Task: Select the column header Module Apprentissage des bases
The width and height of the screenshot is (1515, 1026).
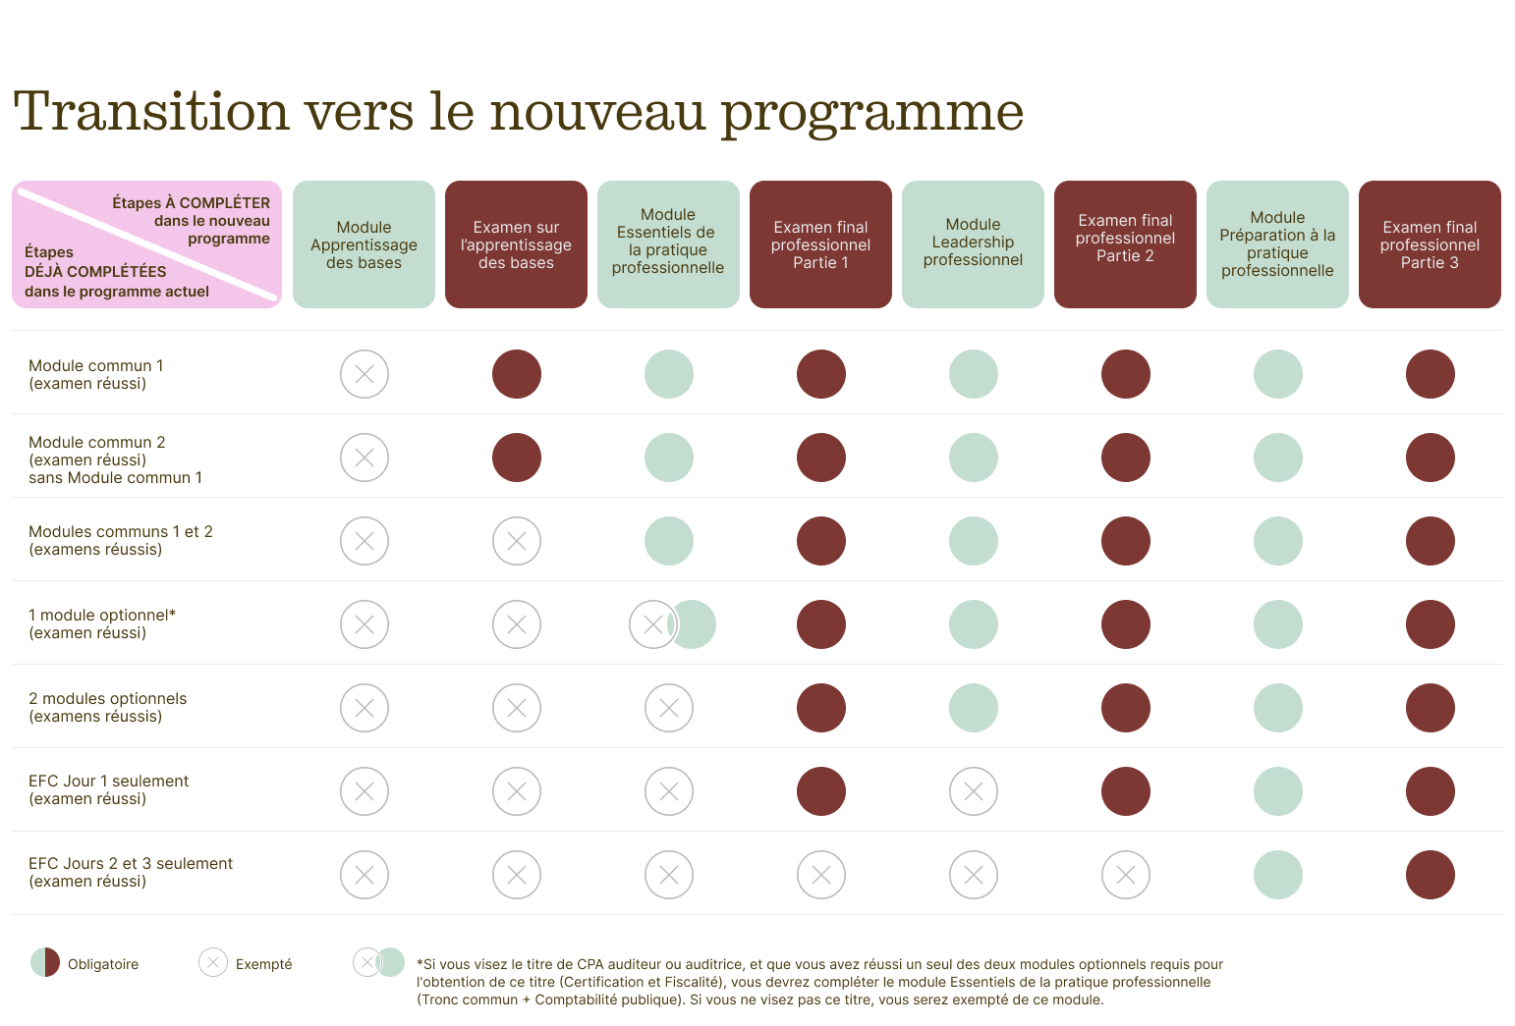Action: pyautogui.click(x=364, y=244)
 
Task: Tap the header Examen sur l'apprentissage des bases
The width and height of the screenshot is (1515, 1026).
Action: pyautogui.click(x=516, y=244)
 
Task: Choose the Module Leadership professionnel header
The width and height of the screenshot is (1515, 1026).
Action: pyautogui.click(x=973, y=243)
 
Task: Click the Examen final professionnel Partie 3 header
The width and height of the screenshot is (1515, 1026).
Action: pyautogui.click(x=1430, y=244)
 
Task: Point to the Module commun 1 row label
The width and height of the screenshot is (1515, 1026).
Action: pyautogui.click(x=96, y=374)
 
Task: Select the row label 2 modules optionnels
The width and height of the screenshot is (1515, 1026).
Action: pyautogui.click(x=107, y=707)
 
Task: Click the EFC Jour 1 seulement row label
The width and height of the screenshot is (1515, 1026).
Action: pyautogui.click(x=108, y=789)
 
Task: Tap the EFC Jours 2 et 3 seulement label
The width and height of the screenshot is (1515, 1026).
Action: pyautogui.click(x=130, y=872)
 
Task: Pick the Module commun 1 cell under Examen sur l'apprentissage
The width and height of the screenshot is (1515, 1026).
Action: pyautogui.click(x=517, y=374)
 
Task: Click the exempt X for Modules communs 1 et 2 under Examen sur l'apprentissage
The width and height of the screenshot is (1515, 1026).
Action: pyautogui.click(x=517, y=541)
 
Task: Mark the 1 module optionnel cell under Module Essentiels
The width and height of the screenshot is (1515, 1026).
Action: pyautogui.click(x=672, y=624)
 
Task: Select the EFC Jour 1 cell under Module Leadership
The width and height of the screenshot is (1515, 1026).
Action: pyautogui.click(x=974, y=791)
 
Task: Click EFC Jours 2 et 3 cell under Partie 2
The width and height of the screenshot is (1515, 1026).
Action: pyautogui.click(x=1126, y=875)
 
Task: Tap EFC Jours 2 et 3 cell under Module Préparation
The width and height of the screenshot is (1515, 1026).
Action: pyautogui.click(x=1278, y=875)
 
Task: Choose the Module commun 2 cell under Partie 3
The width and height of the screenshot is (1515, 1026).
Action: pyautogui.click(x=1431, y=458)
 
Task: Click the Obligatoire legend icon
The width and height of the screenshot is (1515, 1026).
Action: pyautogui.click(x=45, y=963)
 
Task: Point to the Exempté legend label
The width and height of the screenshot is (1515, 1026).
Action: pyautogui.click(x=263, y=964)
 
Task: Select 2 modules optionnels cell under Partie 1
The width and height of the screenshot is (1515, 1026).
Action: pyautogui.click(x=821, y=708)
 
